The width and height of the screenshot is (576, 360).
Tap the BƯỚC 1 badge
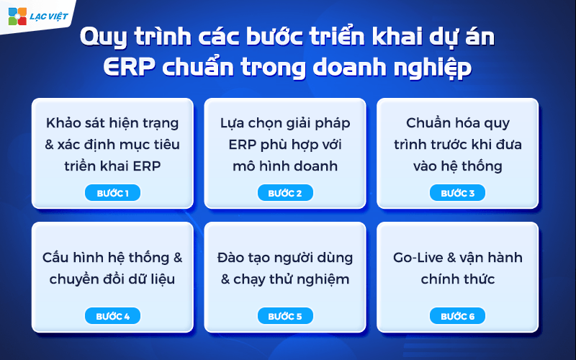point(112,193)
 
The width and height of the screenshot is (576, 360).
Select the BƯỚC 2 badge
point(285,193)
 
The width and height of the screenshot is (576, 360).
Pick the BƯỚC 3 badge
point(457,193)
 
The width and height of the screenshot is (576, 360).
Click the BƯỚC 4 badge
point(112,316)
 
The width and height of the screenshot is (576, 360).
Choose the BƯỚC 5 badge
point(285,316)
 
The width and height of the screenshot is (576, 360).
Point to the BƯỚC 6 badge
point(457,316)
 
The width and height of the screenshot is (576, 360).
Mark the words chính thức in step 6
point(457,279)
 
